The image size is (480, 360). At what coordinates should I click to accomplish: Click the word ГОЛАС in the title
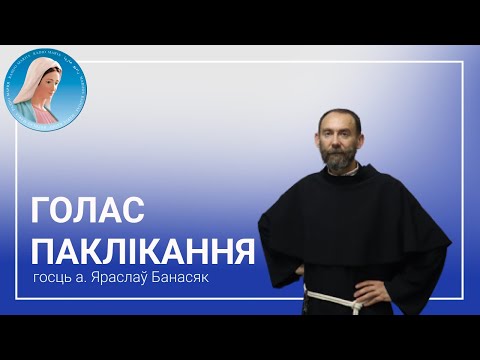(90, 211)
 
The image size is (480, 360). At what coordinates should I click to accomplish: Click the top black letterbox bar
(240, 21)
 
